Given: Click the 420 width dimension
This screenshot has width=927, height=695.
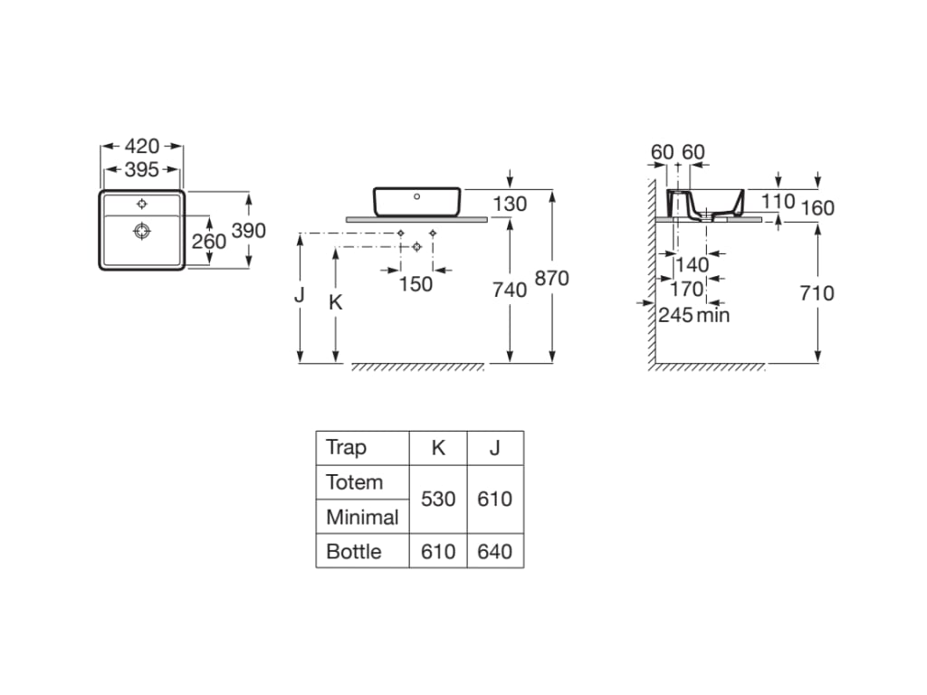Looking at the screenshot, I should pyautogui.click(x=141, y=146).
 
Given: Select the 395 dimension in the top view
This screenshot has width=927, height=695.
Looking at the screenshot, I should pyautogui.click(x=141, y=169).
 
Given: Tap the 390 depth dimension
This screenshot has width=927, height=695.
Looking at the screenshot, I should pyautogui.click(x=249, y=231).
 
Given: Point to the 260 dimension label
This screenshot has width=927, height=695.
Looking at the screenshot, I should pyautogui.click(x=209, y=242).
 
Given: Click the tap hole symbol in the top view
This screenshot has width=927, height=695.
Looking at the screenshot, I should pyautogui.click(x=142, y=204).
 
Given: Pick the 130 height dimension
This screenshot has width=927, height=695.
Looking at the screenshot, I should pyautogui.click(x=510, y=205).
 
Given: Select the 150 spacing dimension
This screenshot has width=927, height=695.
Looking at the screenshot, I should pyautogui.click(x=416, y=284).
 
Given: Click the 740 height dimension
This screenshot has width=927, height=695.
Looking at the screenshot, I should pyautogui.click(x=510, y=290).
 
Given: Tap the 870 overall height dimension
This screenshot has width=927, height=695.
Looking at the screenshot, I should pyautogui.click(x=551, y=279).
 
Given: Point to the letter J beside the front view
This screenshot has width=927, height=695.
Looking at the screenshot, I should pyautogui.click(x=299, y=296).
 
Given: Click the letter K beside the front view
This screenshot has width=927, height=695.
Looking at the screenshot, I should pyautogui.click(x=335, y=303).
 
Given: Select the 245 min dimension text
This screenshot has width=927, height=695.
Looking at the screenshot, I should pyautogui.click(x=693, y=315).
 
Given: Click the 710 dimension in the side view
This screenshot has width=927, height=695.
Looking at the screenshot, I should pyautogui.click(x=817, y=293).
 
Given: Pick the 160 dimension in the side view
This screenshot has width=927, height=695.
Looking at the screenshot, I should pyautogui.click(x=817, y=208).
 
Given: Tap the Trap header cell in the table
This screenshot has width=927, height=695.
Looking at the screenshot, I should pyautogui.click(x=346, y=447).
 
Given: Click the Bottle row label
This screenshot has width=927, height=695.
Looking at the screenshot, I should pyautogui.click(x=354, y=551).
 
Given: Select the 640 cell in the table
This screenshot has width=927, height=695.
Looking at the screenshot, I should pyautogui.click(x=494, y=551).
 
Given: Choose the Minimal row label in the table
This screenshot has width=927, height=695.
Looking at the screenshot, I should pyautogui.click(x=362, y=517).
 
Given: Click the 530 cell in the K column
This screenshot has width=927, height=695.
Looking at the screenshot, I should pyautogui.click(x=438, y=499).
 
